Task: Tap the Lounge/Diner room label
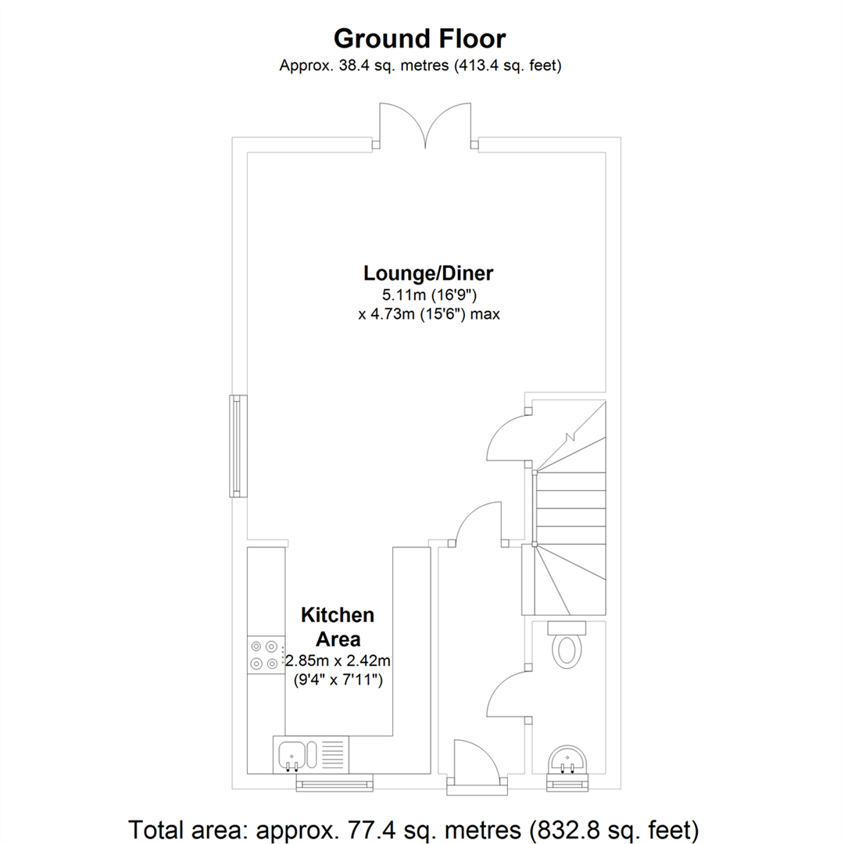pyautogui.click(x=427, y=274)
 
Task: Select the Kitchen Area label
pyautogui.click(x=338, y=627)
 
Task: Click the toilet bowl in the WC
pyautogui.click(x=567, y=651)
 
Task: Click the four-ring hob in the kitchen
pyautogui.click(x=263, y=655)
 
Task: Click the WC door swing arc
pyautogui.click(x=507, y=692)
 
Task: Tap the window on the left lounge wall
pyautogui.click(x=235, y=446)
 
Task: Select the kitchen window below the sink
pyautogui.click(x=334, y=784)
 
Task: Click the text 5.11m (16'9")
pyautogui.click(x=427, y=295)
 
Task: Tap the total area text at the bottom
pyautogui.click(x=413, y=828)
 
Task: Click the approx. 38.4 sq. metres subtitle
pyautogui.click(x=420, y=66)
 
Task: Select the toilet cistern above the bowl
pyautogui.click(x=567, y=627)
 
